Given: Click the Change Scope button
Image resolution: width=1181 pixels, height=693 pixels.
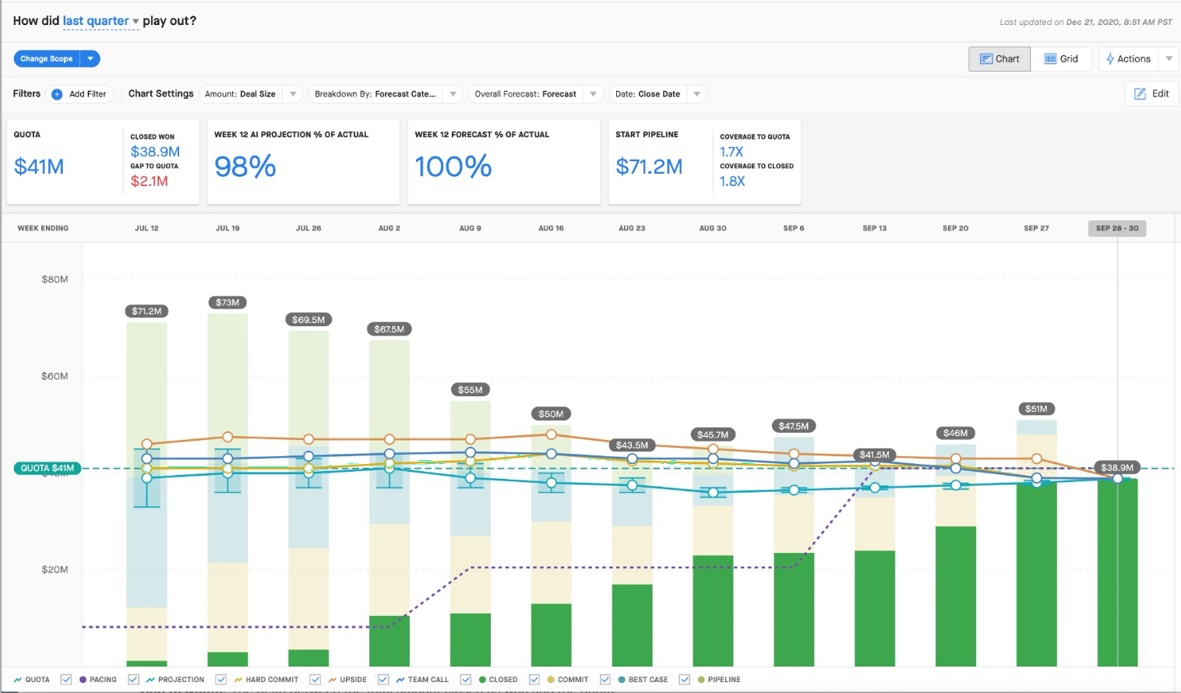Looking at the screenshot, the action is [x=47, y=58].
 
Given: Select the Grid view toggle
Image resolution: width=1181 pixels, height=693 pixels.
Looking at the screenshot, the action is [x=1061, y=58].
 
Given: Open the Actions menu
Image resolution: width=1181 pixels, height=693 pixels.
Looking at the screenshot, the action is [x=1129, y=58].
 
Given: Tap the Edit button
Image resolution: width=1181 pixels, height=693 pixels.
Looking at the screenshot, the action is [x=1152, y=93].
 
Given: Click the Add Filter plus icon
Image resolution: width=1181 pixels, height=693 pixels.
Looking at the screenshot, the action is [x=57, y=93].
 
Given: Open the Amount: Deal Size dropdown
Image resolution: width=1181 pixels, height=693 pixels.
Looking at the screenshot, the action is [x=250, y=93].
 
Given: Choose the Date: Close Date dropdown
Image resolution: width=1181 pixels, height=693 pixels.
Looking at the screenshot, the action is [x=658, y=93].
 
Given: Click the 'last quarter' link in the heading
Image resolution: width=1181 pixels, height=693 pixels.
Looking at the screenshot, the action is [x=96, y=20].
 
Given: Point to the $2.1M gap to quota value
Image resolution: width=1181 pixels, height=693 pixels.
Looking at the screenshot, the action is [x=150, y=181].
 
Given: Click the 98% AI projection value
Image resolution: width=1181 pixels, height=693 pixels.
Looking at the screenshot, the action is [x=245, y=166].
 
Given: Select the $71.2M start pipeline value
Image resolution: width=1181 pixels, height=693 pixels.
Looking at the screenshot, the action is [x=649, y=167].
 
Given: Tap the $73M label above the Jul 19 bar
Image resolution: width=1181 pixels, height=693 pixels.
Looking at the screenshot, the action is [x=227, y=302].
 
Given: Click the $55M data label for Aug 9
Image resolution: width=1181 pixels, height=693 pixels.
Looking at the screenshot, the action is [x=470, y=390].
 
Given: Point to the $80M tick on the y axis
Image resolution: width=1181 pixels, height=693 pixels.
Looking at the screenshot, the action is [x=55, y=280].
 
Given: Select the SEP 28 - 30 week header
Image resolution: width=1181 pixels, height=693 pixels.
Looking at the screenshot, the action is [x=1117, y=228].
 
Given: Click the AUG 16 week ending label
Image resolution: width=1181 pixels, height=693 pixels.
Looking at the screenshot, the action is [x=551, y=228].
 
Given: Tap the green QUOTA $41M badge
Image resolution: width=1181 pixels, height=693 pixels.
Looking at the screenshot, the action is [x=48, y=468].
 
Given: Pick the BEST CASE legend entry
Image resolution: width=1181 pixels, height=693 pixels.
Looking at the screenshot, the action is [x=643, y=679].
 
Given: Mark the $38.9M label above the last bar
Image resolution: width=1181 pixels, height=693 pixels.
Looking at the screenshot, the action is [x=1116, y=467].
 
